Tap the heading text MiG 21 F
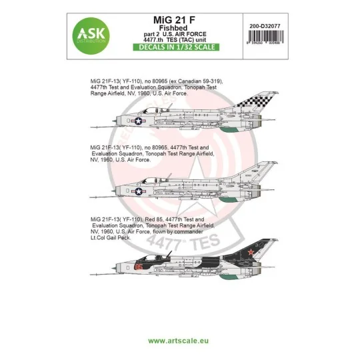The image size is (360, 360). pyautogui.click(x=180, y=19)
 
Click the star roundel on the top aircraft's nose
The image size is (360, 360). pyautogui.click(x=138, y=121)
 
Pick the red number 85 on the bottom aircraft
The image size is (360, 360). pyautogui.click(x=138, y=265)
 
